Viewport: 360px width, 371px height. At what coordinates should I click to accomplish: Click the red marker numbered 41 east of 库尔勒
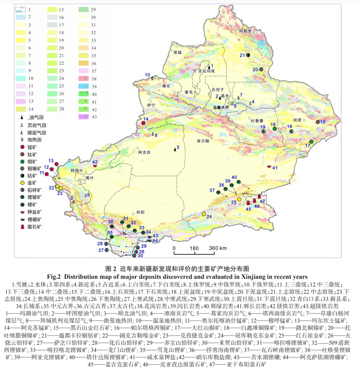(x=270, y=166)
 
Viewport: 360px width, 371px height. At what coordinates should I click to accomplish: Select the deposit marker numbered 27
(x=109, y=250)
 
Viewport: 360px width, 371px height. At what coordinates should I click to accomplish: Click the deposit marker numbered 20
(x=262, y=69)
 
